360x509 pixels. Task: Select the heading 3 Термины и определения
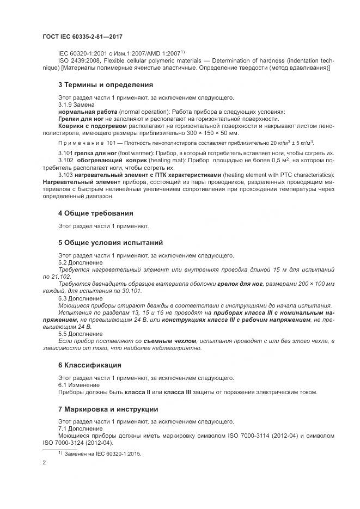tap(106, 85)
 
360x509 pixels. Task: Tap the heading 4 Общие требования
tap(95, 213)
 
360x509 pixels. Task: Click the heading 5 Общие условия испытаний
tap(110, 242)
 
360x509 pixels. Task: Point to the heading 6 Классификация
tap(89, 365)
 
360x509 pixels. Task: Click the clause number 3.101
tap(65, 154)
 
